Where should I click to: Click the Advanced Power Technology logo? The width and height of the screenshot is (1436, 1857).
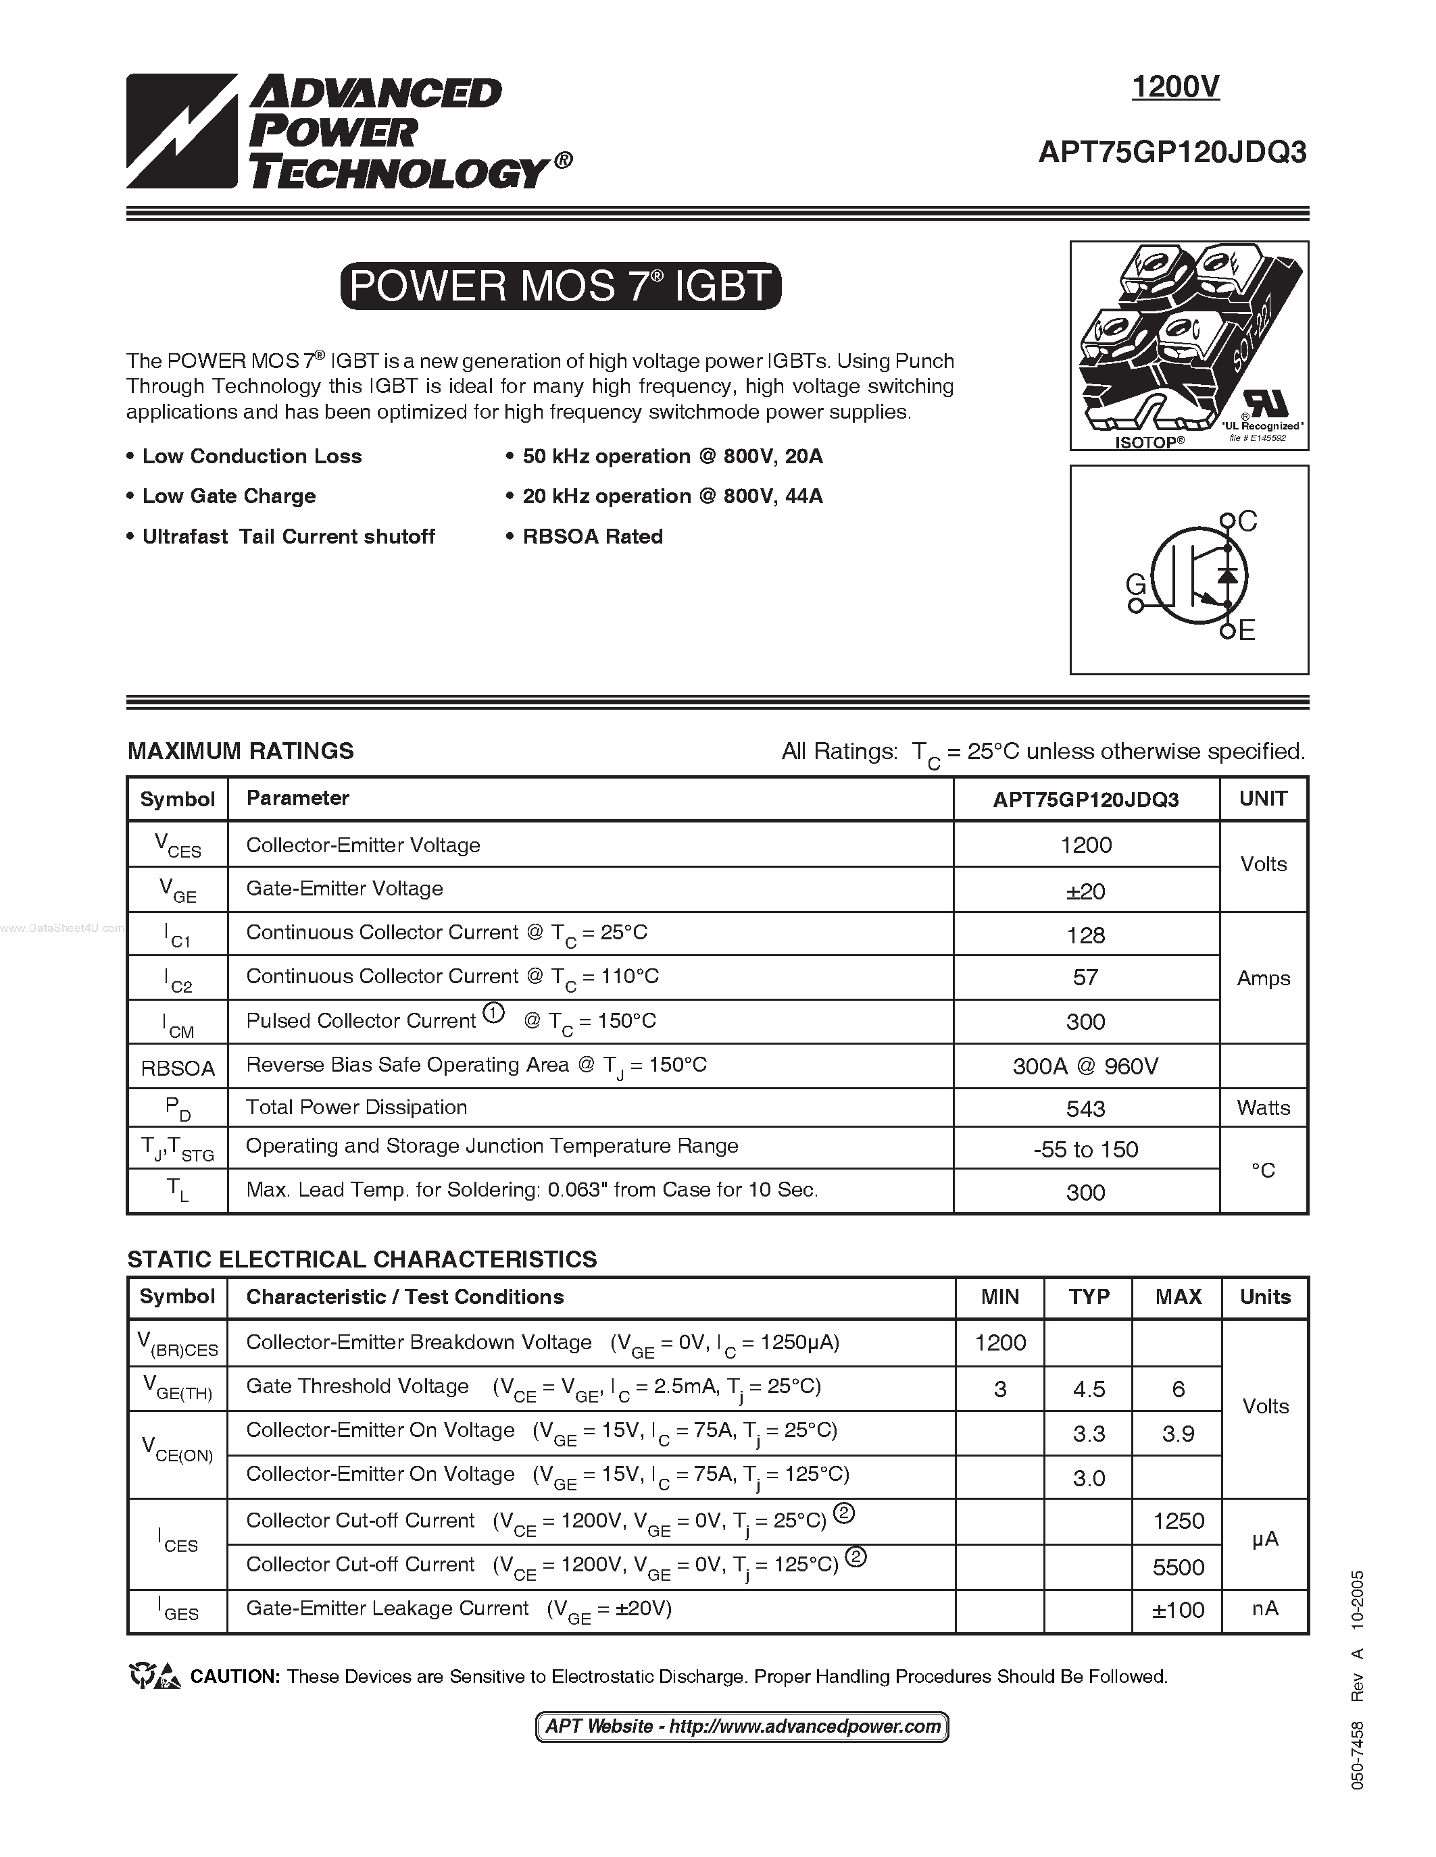coord(349,132)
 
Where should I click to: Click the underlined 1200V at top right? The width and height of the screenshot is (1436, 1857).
coord(1175,86)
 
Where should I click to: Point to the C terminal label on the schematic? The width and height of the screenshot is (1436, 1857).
coord(1247,521)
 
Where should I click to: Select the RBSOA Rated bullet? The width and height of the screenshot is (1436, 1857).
coord(592,537)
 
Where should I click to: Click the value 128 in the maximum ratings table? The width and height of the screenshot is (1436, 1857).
coord(1085,935)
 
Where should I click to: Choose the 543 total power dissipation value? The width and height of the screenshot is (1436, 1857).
coord(1085,1109)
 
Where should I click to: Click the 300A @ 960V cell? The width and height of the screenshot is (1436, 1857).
coord(1085,1066)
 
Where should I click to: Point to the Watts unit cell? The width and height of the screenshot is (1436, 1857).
coord(1263,1108)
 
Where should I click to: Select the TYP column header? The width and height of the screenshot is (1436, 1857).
coord(1089,1297)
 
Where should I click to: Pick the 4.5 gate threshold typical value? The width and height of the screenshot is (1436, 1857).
coord(1089,1389)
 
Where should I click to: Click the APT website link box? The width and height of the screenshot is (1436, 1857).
coord(742,1727)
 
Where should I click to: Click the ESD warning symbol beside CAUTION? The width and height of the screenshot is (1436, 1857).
coord(155,1676)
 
